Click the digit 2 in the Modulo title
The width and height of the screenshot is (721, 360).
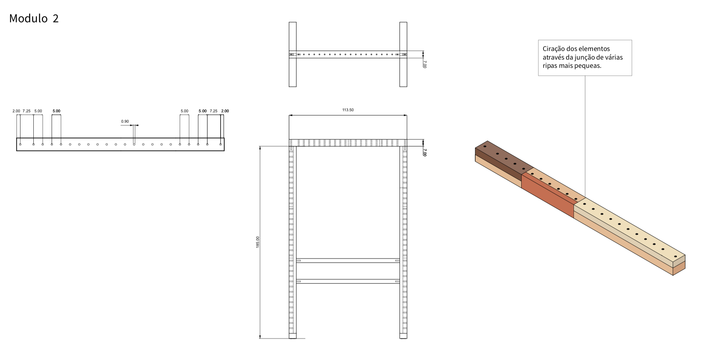tap(56, 19)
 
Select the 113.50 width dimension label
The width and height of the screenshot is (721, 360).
tap(348, 110)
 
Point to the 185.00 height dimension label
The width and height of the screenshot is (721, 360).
tap(258, 242)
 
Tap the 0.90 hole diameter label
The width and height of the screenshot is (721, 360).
tap(125, 122)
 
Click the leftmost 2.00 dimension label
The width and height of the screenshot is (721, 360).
tap(16, 111)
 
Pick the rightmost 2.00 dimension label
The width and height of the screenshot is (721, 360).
tap(225, 111)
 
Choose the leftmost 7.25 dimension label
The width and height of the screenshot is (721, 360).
tap(27, 111)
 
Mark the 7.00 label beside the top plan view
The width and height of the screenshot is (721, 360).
tap(425, 64)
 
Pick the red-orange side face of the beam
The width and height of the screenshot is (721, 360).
tap(548, 195)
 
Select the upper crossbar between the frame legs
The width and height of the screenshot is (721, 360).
tap(348, 261)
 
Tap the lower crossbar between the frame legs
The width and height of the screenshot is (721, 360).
tap(348, 281)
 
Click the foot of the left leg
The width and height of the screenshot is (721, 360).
tap(293, 336)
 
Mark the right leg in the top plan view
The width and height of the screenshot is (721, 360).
tap(403, 55)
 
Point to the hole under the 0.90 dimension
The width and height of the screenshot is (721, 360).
tap(134, 144)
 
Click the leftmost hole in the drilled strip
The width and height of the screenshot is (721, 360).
tap(20, 144)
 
